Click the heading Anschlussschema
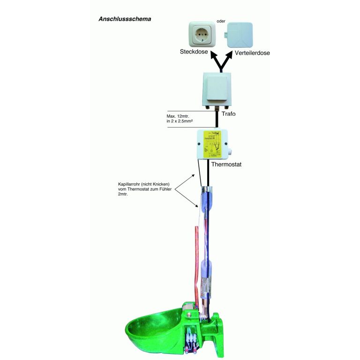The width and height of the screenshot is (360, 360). pyautogui.click(x=124, y=20)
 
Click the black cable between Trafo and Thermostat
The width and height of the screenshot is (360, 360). pyautogui.click(x=217, y=121)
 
